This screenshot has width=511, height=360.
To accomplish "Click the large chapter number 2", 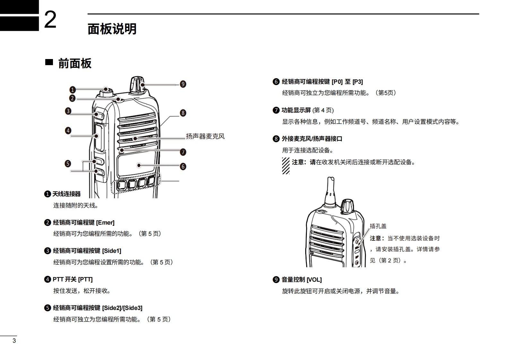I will (50, 20).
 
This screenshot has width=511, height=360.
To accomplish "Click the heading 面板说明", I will (112, 29).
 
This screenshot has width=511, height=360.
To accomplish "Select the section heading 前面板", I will (75, 64).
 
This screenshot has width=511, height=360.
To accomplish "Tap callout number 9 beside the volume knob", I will (183, 84).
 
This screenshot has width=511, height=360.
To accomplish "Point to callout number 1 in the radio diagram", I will (73, 90).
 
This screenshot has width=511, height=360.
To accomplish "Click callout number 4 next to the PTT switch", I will (68, 131).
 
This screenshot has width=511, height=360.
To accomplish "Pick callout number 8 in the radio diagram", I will (183, 113).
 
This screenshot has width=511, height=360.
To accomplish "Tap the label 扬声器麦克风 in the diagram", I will (205, 136).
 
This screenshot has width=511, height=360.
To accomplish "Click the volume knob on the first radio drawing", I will (136, 84).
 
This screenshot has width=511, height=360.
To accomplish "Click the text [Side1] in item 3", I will (111, 251).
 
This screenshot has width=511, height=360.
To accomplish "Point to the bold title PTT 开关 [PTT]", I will (73, 279).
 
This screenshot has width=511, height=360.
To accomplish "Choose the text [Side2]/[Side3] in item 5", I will (122, 308).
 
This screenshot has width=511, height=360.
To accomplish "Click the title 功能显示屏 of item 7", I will (296, 110).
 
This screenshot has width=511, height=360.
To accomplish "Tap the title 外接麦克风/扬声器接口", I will (312, 139).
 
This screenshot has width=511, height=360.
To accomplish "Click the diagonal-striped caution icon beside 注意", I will (286, 166).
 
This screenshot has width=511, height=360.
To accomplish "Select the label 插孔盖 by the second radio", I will (378, 226).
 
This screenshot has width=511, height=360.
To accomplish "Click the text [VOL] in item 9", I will (314, 280).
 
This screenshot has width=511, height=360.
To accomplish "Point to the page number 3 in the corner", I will (14, 341).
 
